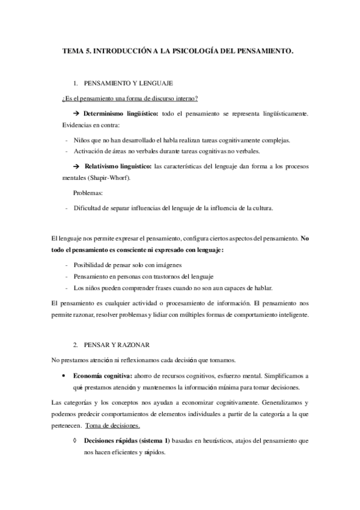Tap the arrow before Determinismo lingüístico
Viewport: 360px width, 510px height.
pyautogui.click(x=76, y=114)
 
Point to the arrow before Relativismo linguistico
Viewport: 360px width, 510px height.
pyautogui.click(x=76, y=167)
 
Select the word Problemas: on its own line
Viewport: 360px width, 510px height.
pyautogui.click(x=87, y=194)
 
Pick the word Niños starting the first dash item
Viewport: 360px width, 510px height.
pyautogui.click(x=82, y=140)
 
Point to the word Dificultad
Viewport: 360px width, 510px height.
pyautogui.click(x=88, y=209)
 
